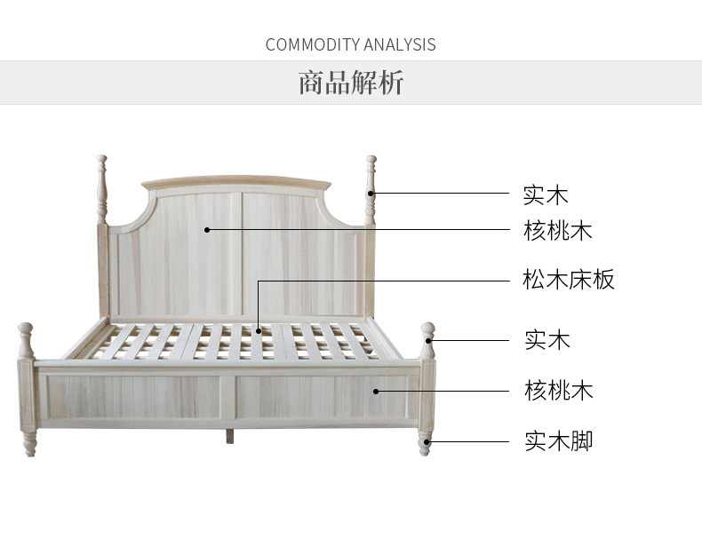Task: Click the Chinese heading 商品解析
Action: click(x=350, y=83)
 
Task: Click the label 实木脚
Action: click(x=557, y=440)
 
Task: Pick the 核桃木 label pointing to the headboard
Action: click(x=557, y=231)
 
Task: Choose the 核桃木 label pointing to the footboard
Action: click(x=557, y=391)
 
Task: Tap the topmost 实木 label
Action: click(x=545, y=194)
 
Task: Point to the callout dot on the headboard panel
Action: click(x=207, y=229)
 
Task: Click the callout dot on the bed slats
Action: click(x=259, y=331)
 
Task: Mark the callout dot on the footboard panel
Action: click(x=376, y=390)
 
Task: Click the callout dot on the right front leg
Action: click(x=428, y=440)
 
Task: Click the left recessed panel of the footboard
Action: click(x=133, y=396)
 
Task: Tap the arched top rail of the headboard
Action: click(x=236, y=183)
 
